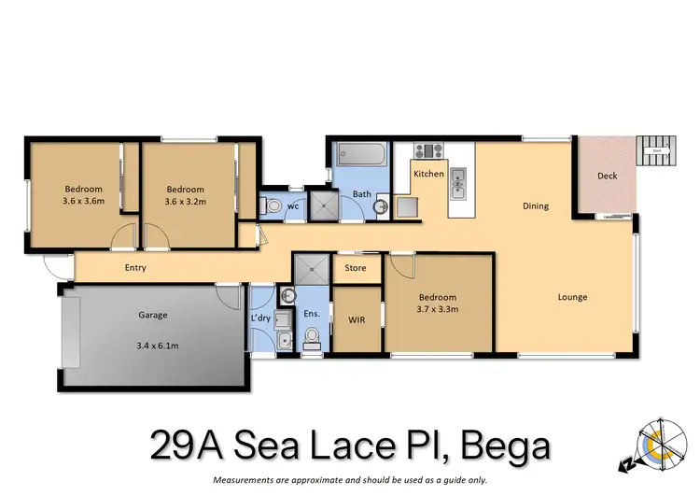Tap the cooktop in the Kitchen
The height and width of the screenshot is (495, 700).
432,150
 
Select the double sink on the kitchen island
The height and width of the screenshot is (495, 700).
457,183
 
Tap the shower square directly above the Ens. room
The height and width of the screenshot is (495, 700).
312,271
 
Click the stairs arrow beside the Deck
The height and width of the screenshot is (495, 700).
657,149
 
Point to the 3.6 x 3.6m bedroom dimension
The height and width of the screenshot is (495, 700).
83,201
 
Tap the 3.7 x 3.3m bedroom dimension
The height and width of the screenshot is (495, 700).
438,309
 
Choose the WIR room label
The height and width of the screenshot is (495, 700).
355,319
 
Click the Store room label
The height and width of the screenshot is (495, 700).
356,269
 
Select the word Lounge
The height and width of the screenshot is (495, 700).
572,298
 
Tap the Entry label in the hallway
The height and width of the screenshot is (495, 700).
134,268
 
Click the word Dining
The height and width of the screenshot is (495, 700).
535,206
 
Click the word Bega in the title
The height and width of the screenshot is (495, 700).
497,445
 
